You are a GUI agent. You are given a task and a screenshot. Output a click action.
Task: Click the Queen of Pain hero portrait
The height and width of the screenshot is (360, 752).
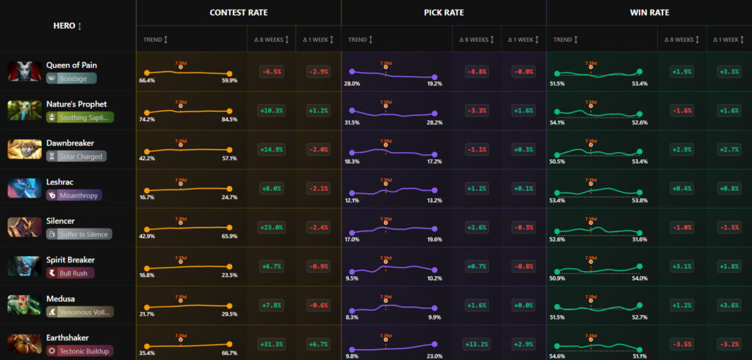tap(24, 71)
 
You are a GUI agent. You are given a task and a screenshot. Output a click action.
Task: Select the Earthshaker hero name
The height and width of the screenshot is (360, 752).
tap(70, 337)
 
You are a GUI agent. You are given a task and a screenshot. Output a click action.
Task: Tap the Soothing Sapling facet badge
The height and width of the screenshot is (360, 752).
tap(80, 117)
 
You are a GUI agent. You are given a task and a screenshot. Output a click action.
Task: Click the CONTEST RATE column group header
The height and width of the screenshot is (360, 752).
tap(238, 12)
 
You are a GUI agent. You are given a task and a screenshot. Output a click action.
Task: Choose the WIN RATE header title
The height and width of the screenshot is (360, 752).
tap(648, 12)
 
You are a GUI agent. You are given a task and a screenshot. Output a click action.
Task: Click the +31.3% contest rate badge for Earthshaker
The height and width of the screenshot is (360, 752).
tap(271, 344)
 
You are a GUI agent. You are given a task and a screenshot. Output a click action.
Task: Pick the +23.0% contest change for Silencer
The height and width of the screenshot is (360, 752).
tap(271, 227)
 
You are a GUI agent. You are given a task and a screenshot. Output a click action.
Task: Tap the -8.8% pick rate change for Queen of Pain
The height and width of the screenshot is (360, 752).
tap(477, 71)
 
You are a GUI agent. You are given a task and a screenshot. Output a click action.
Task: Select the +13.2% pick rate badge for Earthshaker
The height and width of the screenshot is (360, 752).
tap(477, 344)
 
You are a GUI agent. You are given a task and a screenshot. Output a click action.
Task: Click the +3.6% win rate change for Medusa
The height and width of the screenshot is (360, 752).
tap(729, 305)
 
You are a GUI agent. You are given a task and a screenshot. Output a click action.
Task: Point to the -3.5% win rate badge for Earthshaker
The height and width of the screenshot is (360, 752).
tap(681, 344)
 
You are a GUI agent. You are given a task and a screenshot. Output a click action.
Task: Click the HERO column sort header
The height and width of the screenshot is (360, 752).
tap(68, 26)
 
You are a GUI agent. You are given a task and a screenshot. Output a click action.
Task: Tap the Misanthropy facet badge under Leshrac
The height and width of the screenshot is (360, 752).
tap(73, 195)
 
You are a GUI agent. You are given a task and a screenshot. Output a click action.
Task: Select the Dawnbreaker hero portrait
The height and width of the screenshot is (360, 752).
tap(24, 149)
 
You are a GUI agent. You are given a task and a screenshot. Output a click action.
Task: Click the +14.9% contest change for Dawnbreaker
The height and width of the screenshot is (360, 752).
tap(271, 149)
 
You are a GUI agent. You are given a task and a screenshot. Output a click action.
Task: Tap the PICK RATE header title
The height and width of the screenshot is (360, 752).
tap(443, 12)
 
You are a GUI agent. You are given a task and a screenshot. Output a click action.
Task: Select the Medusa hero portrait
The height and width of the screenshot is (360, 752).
tap(24, 305)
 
